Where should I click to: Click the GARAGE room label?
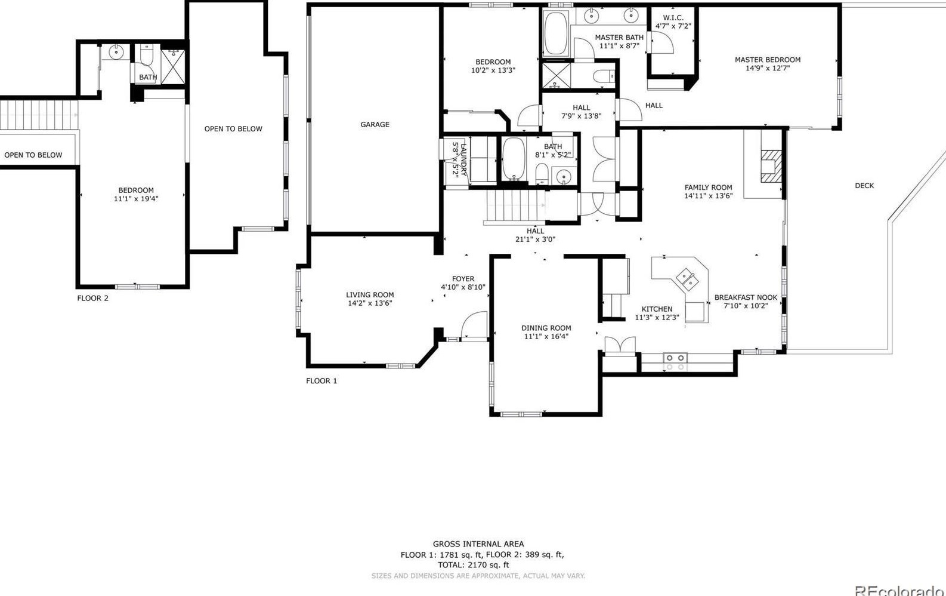(375, 124)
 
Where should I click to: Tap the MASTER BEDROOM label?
(767, 60)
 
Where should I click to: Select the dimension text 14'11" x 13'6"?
(708, 196)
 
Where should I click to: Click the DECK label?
(864, 186)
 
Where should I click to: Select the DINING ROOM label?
(546, 328)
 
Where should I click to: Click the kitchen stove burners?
(675, 362)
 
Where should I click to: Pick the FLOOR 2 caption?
(92, 298)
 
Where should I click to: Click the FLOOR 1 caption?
(321, 380)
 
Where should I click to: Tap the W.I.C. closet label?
(673, 18)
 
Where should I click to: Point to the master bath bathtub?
(555, 34)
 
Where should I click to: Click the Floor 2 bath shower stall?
(173, 66)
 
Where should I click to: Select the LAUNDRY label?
(464, 158)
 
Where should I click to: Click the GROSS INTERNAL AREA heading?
(478, 543)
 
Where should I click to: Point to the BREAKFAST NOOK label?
(746, 297)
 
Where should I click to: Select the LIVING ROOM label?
(370, 294)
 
